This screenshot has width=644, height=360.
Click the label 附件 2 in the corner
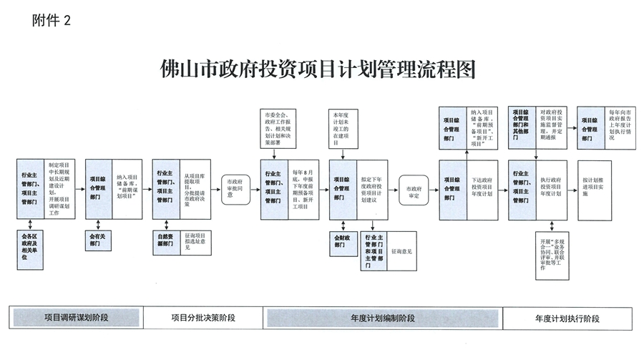click(x=52, y=21)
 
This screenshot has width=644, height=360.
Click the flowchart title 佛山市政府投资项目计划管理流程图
click(x=320, y=71)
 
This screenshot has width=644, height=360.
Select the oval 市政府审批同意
click(x=235, y=188)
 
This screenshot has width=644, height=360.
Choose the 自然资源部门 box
click(x=167, y=238)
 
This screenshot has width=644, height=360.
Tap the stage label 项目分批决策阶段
click(x=205, y=316)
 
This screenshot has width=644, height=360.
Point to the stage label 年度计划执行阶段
click(x=567, y=317)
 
